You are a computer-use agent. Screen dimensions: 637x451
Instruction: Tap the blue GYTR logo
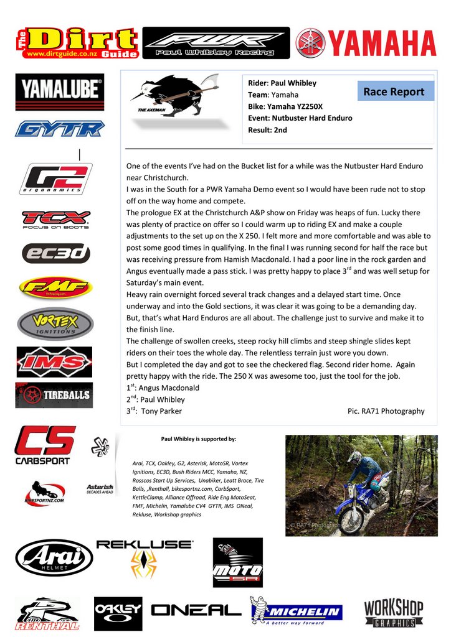(60, 129)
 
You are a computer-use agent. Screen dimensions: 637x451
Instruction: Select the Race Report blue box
(394, 91)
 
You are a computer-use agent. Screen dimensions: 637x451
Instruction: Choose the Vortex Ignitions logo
(55, 324)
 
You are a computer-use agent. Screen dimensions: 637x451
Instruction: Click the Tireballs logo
(54, 395)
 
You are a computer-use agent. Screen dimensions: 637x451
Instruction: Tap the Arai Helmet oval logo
(54, 557)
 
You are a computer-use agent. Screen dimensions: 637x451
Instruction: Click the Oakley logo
(118, 613)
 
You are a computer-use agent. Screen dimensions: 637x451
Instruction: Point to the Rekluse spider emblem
(143, 565)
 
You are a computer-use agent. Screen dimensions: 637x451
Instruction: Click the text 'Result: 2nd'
(268, 130)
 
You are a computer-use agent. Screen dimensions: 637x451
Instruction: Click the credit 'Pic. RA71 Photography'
(386, 411)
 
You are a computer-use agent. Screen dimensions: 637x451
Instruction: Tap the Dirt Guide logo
(77, 42)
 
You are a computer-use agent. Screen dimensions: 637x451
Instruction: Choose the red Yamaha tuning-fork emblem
(310, 44)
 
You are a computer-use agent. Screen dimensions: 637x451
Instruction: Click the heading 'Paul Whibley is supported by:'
(199, 439)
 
